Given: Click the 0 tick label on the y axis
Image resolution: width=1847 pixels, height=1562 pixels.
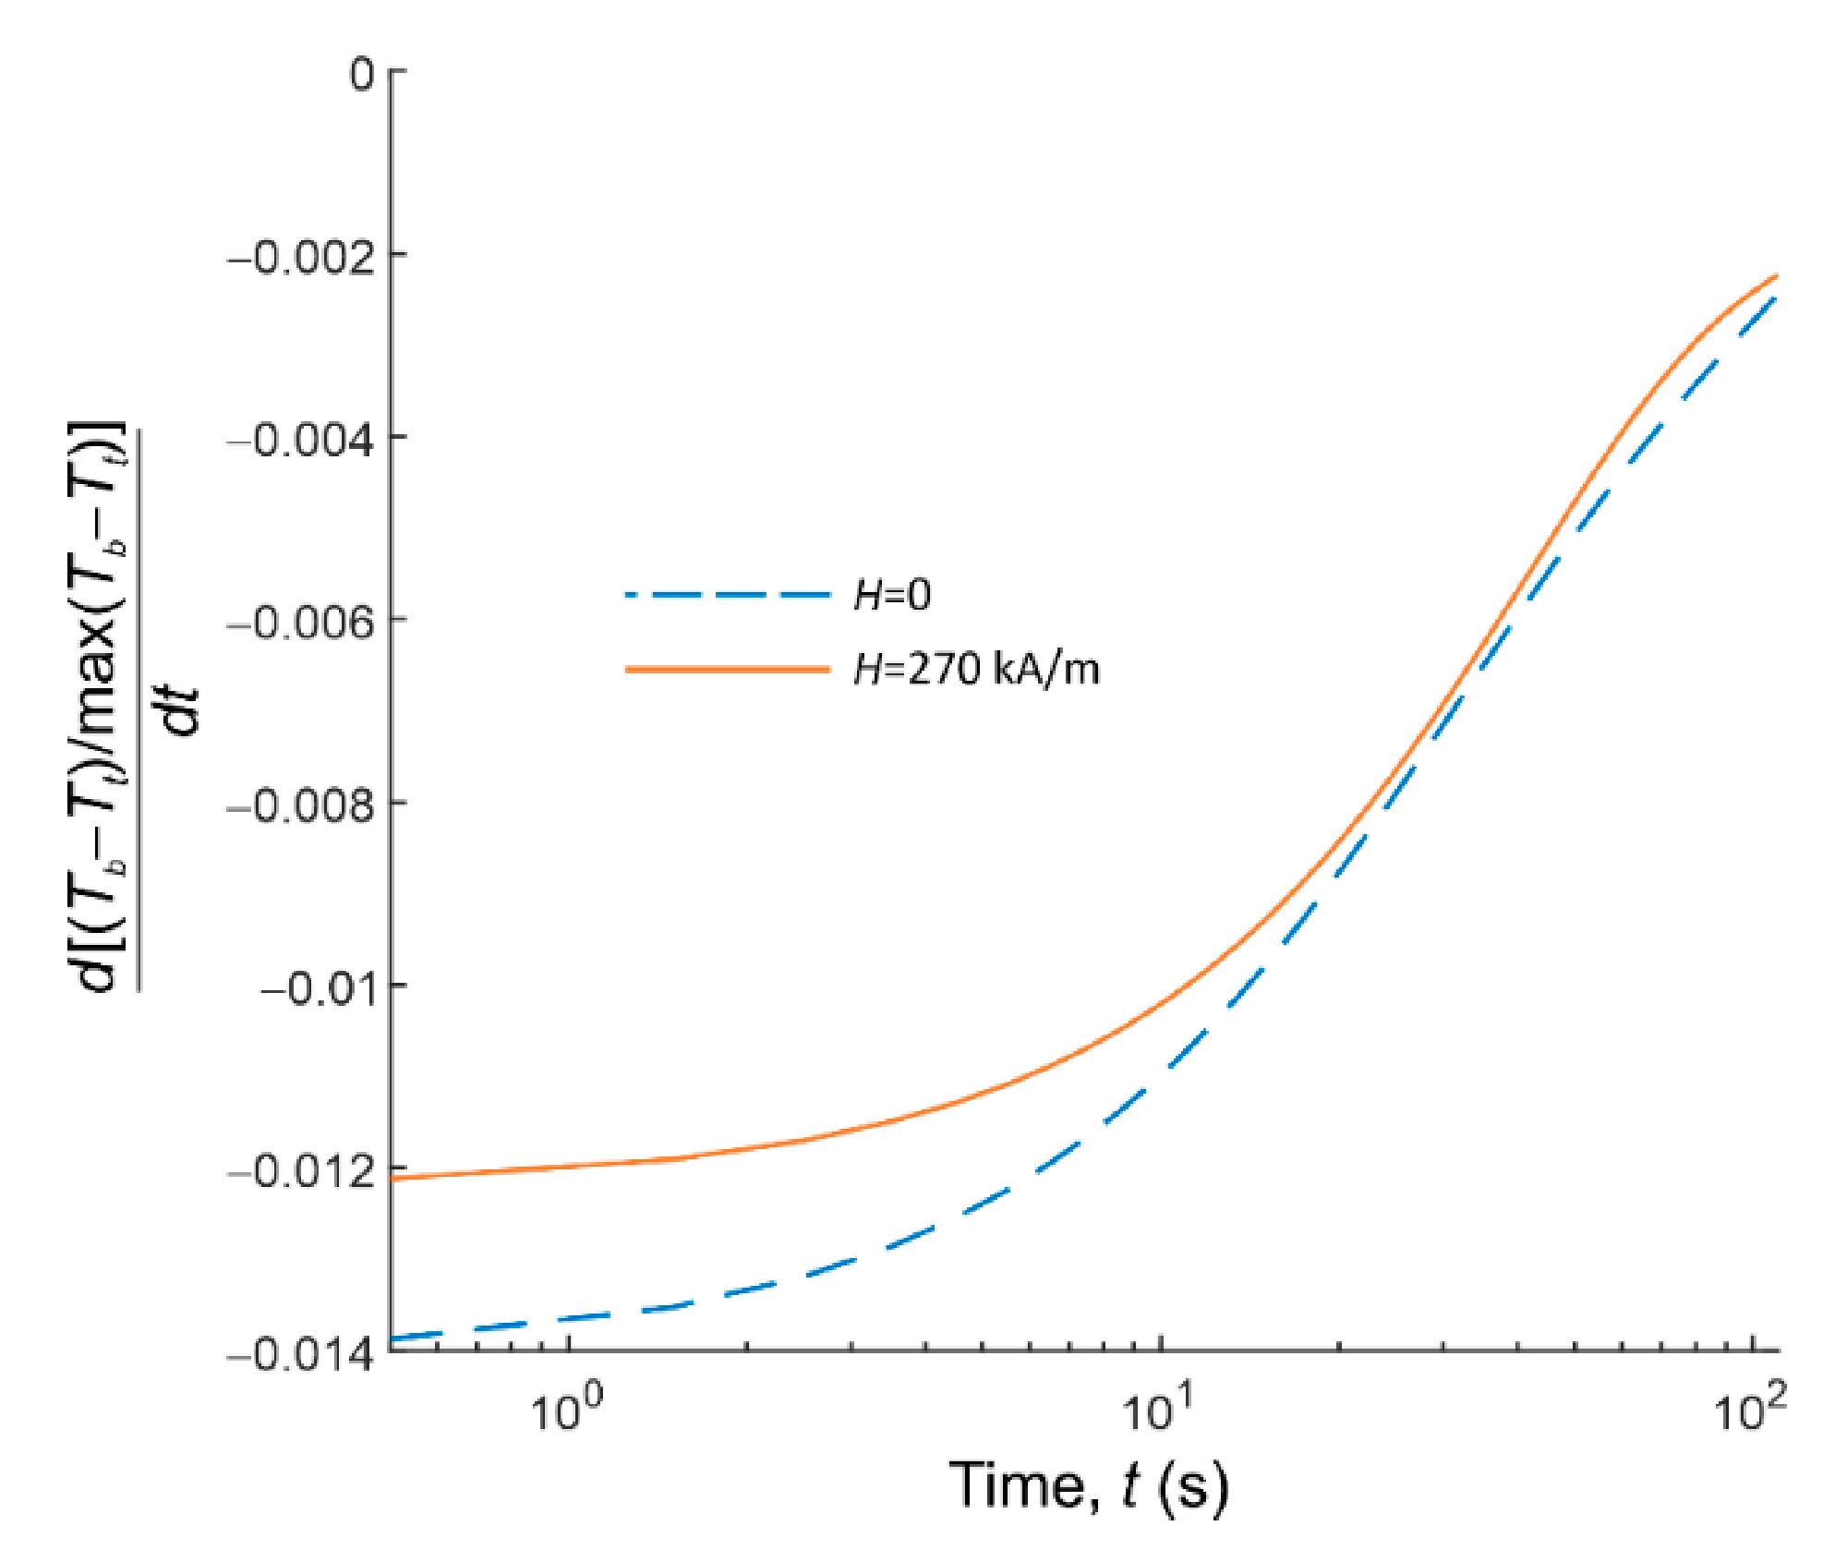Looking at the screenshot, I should [x=362, y=73].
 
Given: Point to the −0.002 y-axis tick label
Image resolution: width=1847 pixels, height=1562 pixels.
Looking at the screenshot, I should [x=302, y=259].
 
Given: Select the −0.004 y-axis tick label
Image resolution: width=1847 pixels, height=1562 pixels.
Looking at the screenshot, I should [x=302, y=441].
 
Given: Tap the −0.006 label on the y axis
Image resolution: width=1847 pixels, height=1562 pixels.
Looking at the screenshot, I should [x=302, y=624].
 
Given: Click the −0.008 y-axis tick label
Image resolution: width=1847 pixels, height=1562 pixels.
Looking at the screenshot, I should [x=302, y=806].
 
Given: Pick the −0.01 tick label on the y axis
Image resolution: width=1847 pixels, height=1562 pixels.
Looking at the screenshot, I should [x=319, y=989].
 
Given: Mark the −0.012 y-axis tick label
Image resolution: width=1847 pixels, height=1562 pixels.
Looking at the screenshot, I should [x=302, y=1172].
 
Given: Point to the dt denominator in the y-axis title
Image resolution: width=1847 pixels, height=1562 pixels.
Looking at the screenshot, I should [x=180, y=711].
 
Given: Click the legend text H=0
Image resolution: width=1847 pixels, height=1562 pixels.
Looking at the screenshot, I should [x=892, y=595].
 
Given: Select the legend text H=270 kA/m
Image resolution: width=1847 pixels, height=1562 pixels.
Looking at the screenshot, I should [x=976, y=669].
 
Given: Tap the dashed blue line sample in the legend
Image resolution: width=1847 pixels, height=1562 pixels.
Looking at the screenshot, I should [x=728, y=595].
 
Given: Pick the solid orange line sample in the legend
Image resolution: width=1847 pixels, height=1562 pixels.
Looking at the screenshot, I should [x=728, y=669].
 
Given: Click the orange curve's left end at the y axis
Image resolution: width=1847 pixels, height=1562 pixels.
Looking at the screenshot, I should [x=393, y=1177].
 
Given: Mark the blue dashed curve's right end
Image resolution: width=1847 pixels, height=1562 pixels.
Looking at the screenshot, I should [x=1775, y=299].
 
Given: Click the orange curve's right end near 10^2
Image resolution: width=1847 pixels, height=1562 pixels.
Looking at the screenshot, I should [x=1775, y=276].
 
